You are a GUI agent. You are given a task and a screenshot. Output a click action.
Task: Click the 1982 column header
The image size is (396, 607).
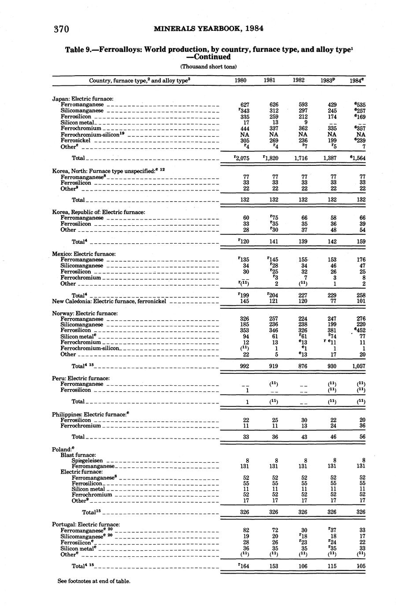[x=299, y=80]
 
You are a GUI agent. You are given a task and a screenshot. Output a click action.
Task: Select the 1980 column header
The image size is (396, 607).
[x=241, y=80]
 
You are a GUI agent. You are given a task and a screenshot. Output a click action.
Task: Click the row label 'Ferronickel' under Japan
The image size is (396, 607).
[x=75, y=140]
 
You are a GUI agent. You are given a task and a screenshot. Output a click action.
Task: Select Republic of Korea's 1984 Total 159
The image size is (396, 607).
[x=361, y=241]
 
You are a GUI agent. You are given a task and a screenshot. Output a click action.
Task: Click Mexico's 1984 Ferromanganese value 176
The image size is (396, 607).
[x=361, y=260]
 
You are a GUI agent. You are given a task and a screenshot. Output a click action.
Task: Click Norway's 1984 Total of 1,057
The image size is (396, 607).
[x=358, y=366]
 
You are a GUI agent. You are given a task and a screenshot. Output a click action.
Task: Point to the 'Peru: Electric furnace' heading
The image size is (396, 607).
[x=81, y=378]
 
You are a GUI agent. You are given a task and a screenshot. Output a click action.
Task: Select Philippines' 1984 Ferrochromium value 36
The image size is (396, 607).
[x=362, y=426]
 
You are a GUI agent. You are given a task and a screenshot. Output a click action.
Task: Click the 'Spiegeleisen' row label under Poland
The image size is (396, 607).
[x=87, y=461]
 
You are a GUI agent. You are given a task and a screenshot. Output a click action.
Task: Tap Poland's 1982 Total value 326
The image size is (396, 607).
[x=302, y=512]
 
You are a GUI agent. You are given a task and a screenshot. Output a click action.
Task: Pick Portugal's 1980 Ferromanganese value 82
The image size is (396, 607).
[x=245, y=530]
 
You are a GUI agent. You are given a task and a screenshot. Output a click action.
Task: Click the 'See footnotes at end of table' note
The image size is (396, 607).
[x=94, y=581]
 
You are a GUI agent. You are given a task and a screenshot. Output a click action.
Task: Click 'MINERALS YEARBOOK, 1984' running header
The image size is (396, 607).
[x=209, y=29]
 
